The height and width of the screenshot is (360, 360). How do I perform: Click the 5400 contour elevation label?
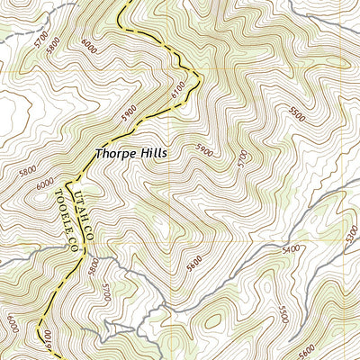pos(290,249)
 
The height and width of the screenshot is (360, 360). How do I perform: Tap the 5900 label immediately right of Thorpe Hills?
pos(202,153)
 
